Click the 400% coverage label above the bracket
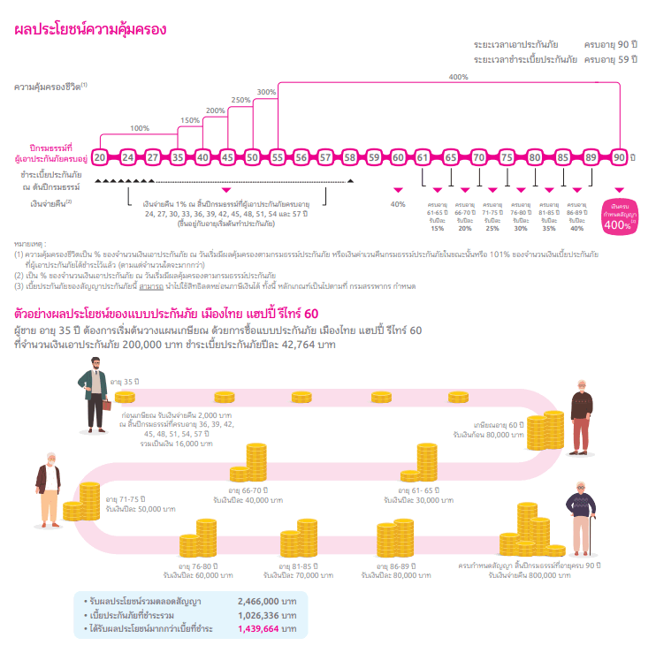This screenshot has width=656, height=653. [x=458, y=77]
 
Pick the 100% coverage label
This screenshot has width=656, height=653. [x=140, y=128]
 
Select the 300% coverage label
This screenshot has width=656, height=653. [x=266, y=92]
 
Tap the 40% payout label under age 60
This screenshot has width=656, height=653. [x=398, y=205]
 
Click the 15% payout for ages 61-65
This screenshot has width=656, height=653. [x=437, y=228]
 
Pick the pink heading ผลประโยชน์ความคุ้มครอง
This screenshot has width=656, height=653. [x=90, y=30]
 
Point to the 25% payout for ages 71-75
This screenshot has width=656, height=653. [x=492, y=228]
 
